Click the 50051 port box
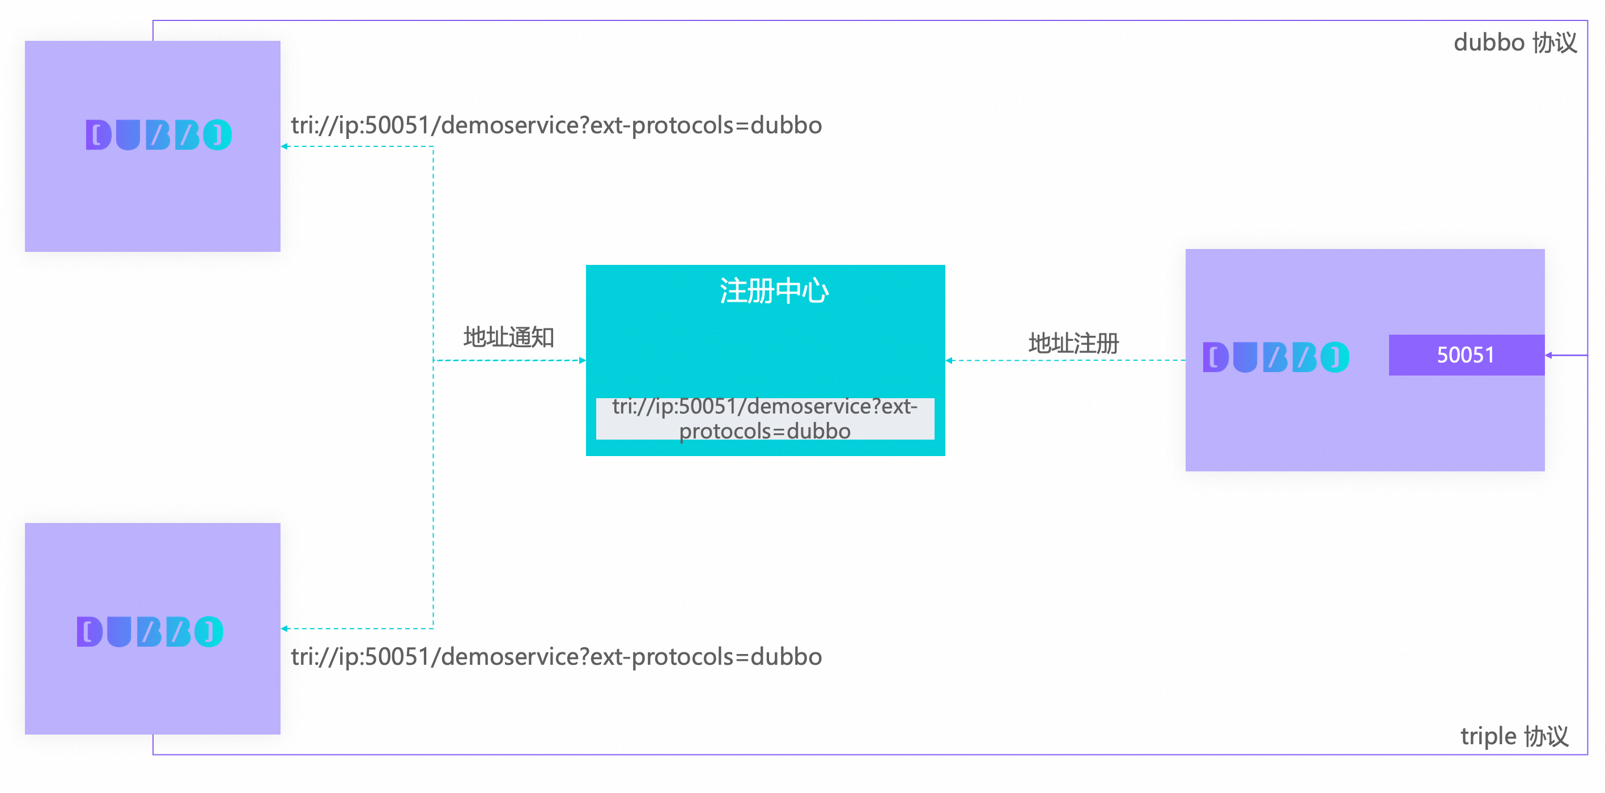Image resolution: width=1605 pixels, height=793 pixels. [1466, 355]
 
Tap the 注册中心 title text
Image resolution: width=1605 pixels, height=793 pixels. [774, 291]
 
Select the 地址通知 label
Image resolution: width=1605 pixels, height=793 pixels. [508, 338]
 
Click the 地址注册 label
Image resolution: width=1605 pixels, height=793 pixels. [1073, 343]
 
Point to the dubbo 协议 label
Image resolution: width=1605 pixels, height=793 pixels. [1515, 43]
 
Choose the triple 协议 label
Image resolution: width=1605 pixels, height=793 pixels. [1514, 736]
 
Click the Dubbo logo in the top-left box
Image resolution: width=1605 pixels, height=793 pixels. [158, 134]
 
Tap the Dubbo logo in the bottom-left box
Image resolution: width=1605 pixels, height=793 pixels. [150, 631]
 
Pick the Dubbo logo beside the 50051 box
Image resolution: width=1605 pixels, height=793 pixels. [1275, 357]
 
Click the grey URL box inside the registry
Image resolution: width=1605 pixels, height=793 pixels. [765, 418]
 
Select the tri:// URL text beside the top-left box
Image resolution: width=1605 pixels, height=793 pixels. [556, 125]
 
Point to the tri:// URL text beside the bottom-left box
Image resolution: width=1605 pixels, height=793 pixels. [556, 656]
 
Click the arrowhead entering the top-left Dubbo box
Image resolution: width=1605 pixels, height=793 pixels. [285, 146]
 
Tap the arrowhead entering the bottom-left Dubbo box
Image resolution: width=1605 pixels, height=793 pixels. [285, 629]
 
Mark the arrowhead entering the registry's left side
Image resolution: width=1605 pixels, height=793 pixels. [582, 360]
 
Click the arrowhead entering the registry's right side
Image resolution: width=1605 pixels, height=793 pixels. [949, 360]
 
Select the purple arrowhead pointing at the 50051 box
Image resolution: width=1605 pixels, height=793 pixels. [1549, 355]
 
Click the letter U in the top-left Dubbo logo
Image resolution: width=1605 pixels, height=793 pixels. [128, 134]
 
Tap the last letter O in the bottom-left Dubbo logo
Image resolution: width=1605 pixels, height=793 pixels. [209, 631]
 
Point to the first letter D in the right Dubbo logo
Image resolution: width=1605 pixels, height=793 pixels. [1215, 357]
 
